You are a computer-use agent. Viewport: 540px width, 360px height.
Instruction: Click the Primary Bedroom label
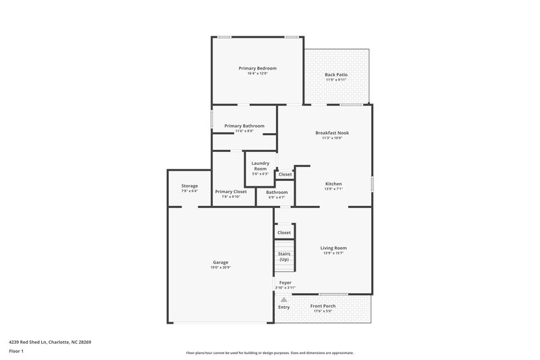point(257,68)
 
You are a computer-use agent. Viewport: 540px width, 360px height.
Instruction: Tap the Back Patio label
point(335,75)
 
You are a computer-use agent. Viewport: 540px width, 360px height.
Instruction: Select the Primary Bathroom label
point(244,126)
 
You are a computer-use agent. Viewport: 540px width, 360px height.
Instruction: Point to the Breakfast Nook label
point(332,133)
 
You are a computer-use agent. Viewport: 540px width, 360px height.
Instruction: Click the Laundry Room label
point(261,165)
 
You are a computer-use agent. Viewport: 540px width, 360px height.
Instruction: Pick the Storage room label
point(189,186)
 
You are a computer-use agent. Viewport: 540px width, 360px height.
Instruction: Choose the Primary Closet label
point(231,192)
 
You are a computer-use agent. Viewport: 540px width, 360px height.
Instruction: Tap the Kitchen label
point(333,184)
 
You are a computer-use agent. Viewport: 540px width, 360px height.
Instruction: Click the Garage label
point(220,262)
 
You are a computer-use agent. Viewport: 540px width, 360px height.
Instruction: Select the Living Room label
point(333,248)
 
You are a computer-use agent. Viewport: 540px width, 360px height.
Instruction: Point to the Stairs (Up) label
point(284,257)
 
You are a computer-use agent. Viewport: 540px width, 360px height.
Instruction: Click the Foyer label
point(285,283)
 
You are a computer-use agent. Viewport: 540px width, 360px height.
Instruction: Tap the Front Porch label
point(323,306)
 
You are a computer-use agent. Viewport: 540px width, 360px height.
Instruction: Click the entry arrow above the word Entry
point(284,299)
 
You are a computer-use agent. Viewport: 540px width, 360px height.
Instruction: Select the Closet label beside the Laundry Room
point(285,174)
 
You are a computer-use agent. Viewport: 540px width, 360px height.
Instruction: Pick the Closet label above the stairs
point(284,232)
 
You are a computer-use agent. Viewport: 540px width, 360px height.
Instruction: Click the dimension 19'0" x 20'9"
point(220,267)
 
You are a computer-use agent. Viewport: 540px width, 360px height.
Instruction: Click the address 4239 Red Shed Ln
point(51,342)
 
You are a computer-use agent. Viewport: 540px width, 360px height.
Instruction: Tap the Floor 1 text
point(16,351)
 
